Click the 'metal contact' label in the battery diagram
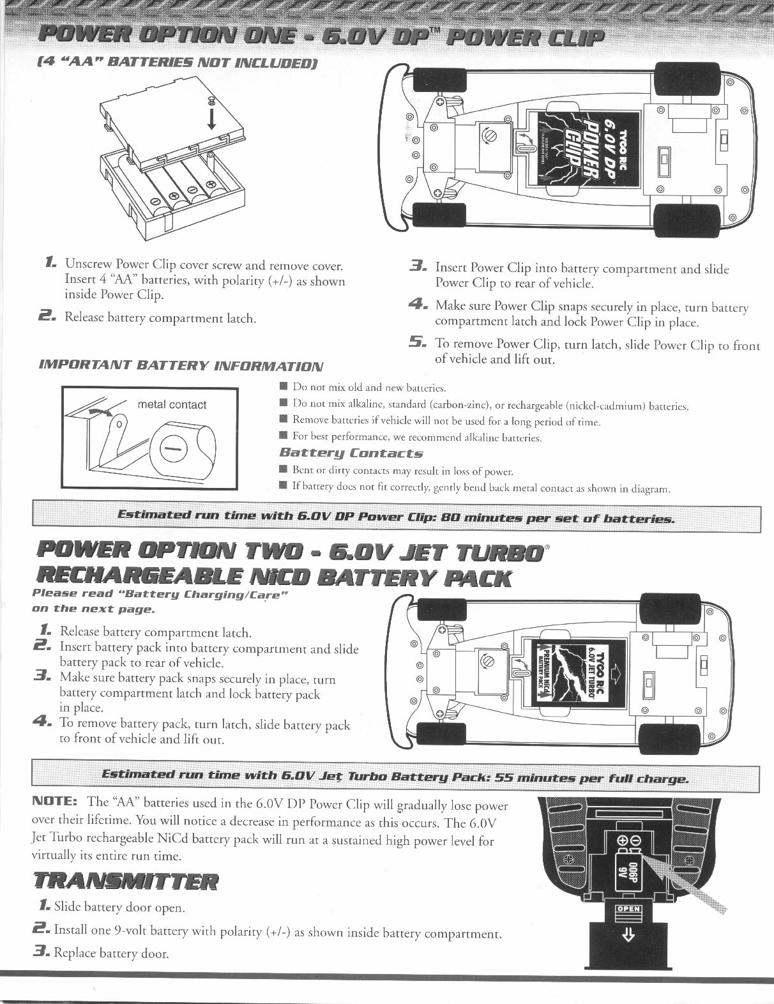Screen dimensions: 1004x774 coord(172,404)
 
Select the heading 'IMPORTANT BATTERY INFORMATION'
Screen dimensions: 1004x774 coord(181,365)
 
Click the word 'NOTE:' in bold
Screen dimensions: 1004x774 coord(55,801)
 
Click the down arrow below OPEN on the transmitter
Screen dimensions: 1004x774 coord(628,936)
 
